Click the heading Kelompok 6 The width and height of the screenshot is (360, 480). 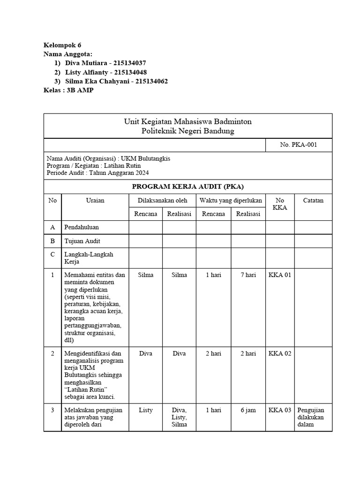62,45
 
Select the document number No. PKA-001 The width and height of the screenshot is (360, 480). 299,145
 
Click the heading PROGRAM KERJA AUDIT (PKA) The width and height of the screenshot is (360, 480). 187,186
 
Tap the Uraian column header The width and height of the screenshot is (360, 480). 95,200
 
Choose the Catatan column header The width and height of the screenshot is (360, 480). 313,200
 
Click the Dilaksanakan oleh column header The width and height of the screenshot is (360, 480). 162,200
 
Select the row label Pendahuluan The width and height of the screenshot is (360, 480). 82,227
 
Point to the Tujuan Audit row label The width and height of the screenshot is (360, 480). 82,241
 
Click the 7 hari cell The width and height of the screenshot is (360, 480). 248,275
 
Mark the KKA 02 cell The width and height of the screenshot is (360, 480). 280,353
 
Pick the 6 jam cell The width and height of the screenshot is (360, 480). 248,410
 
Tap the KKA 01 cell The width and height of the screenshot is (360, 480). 280,275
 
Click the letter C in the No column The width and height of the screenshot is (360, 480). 52,255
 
